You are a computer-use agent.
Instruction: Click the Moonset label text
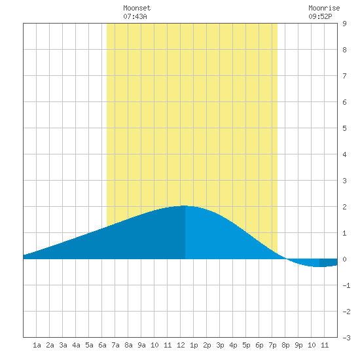coord(137,8)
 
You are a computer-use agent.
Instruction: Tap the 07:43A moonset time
coord(135,16)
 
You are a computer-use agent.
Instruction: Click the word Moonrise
coord(324,8)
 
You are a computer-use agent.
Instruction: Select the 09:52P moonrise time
coord(320,16)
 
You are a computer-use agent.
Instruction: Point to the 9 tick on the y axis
coord(344,24)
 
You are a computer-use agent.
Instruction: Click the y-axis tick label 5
coord(344,128)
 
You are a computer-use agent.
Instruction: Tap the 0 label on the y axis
coord(344,259)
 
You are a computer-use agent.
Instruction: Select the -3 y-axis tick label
coord(346,338)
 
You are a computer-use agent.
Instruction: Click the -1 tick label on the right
coord(346,285)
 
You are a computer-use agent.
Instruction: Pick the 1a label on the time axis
coord(37,345)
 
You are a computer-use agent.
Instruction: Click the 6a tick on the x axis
coord(102,345)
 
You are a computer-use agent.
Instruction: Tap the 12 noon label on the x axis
coord(181,345)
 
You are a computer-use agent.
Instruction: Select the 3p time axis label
coord(220,345)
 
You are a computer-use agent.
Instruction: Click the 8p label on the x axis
coord(285,345)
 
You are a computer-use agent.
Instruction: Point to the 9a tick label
coord(141,345)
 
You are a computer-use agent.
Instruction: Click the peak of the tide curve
coord(185,206)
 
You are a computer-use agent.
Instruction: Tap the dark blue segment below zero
coord(329,262)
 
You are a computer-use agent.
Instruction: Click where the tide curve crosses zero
coord(286,259)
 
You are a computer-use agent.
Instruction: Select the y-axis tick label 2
coord(344,207)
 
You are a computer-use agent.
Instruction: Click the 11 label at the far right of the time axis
coord(325,345)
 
